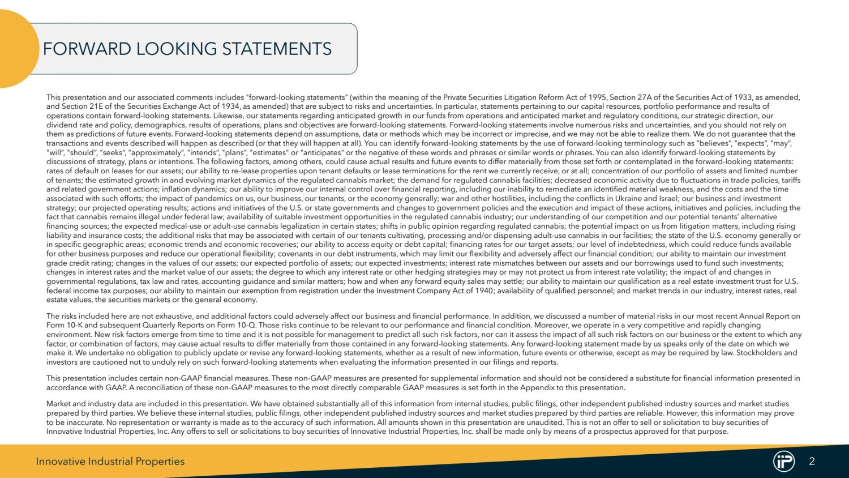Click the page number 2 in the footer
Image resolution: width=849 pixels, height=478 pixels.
click(812, 461)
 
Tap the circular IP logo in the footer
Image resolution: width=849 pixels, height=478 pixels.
click(784, 461)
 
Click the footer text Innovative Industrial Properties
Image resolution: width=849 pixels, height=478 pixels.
click(110, 462)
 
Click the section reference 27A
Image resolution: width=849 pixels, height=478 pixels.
click(647, 97)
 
